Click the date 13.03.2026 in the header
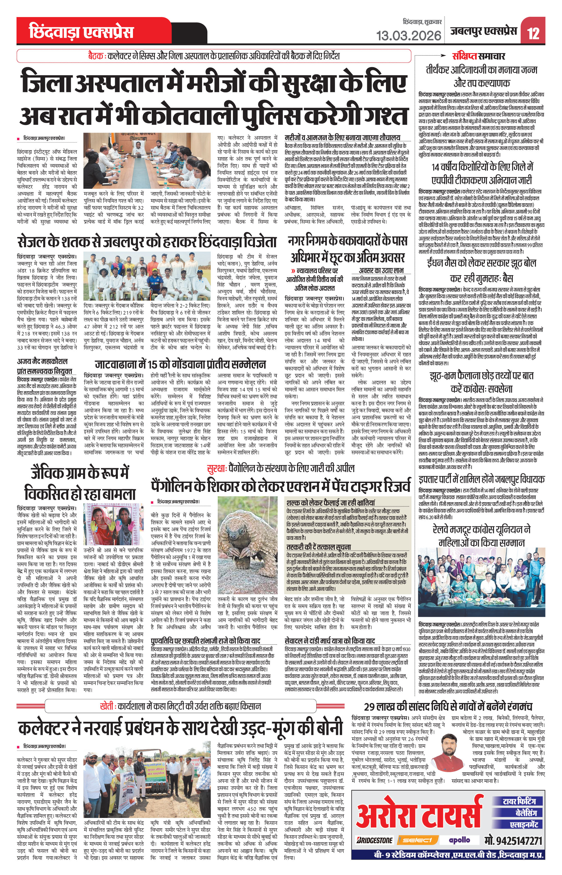tap(409, 36)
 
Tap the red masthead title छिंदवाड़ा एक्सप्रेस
tap(81, 32)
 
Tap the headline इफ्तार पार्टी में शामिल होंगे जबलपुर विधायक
tap(481, 479)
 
